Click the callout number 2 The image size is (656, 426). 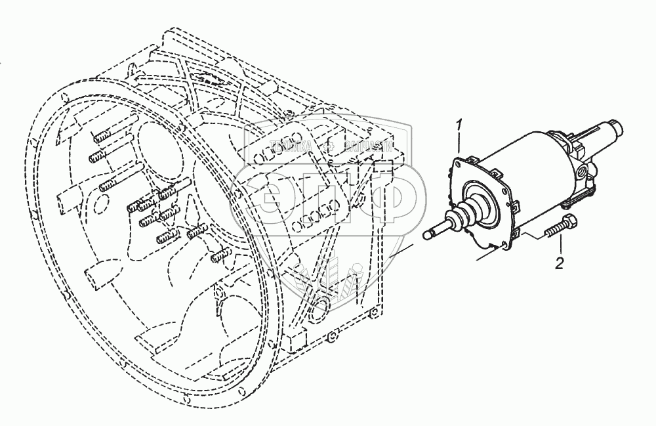click(x=559, y=264)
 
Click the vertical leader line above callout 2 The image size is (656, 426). click(x=560, y=245)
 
